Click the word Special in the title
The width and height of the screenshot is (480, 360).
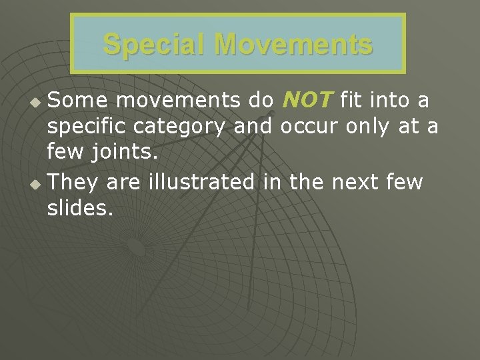tap(155, 45)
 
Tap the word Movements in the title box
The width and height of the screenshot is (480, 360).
tap(294, 45)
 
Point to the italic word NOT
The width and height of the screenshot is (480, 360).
tap(307, 101)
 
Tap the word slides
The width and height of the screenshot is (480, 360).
tap(80, 208)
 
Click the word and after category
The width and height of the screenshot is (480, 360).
tap(253, 127)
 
